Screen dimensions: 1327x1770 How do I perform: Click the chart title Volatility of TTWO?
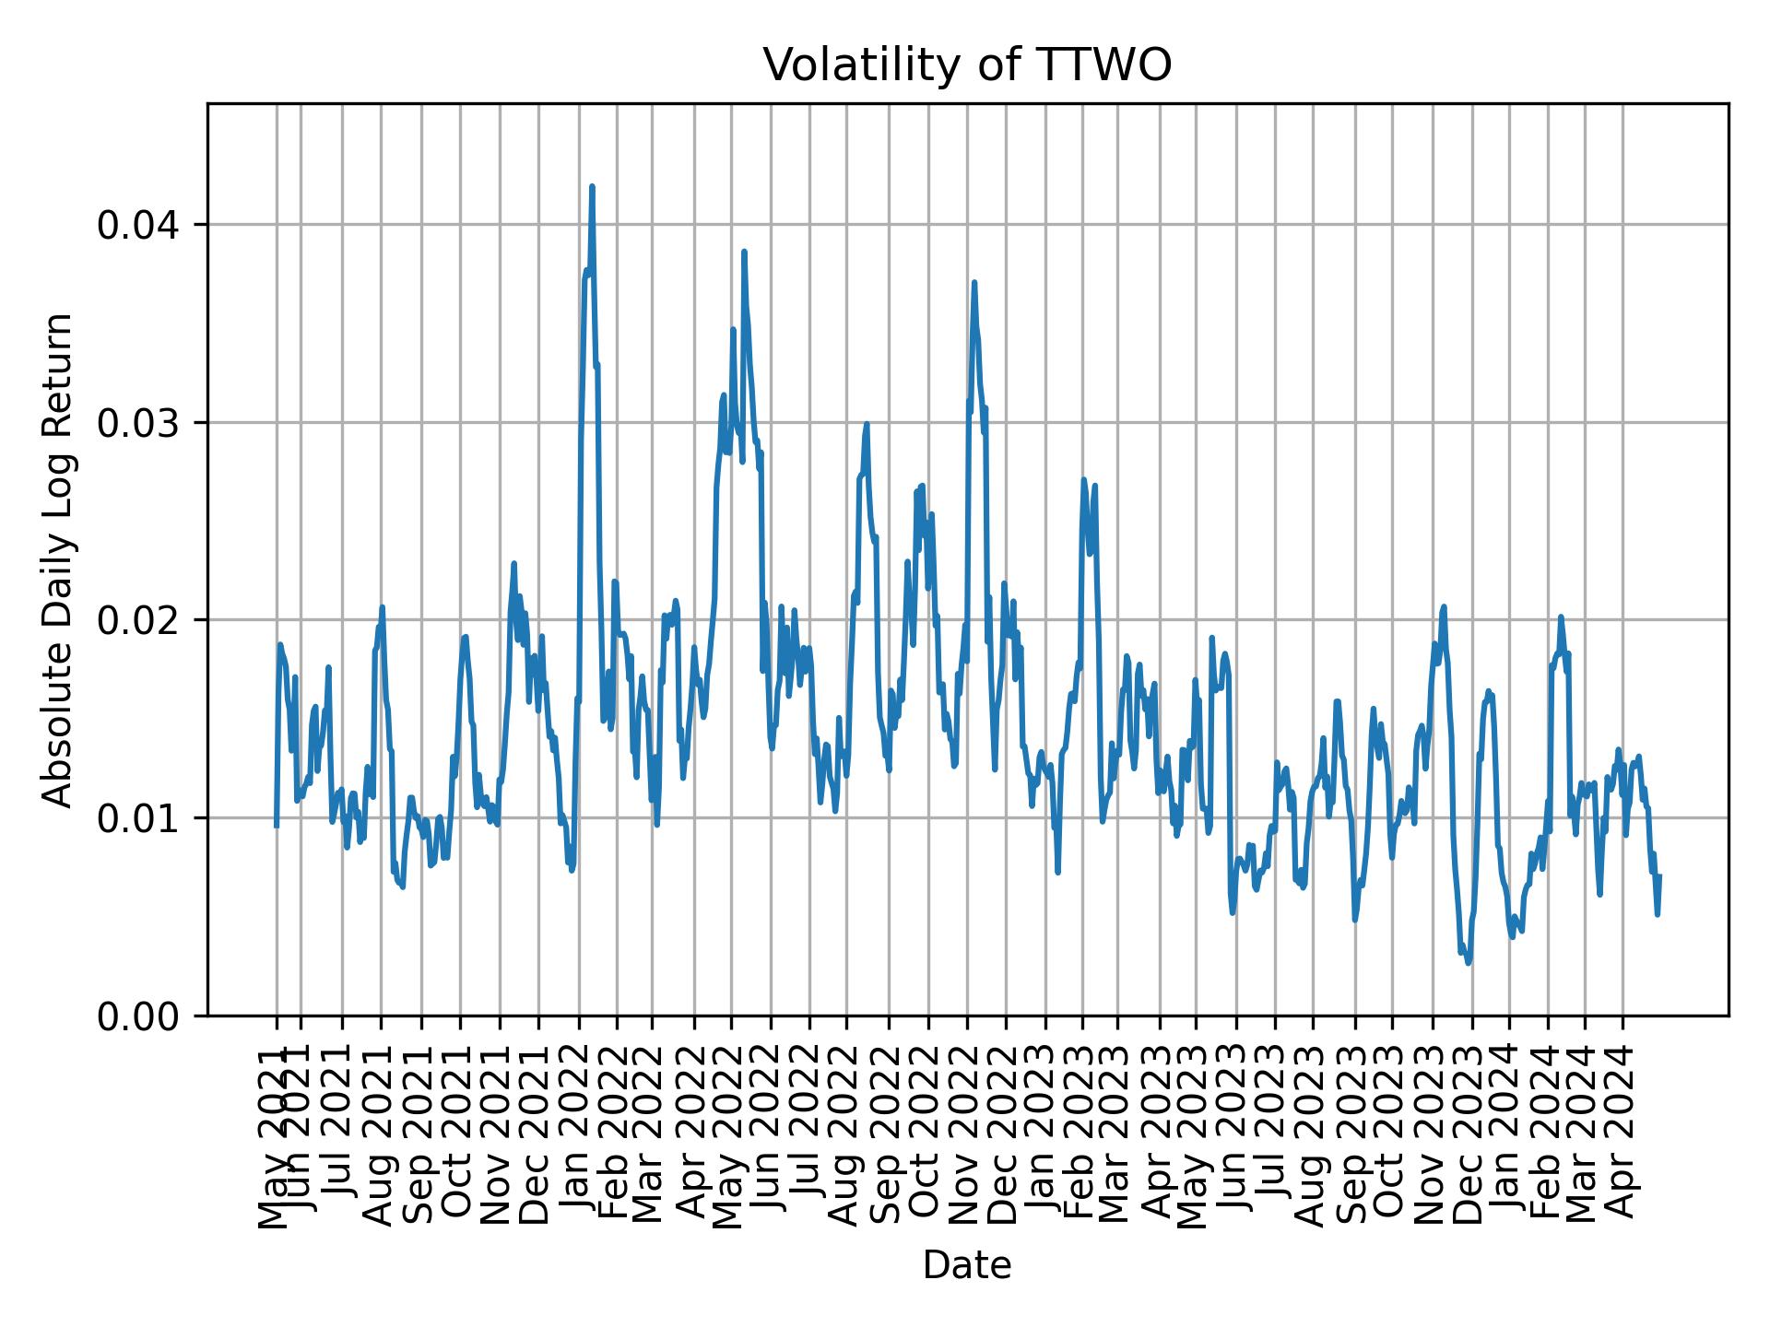point(967,65)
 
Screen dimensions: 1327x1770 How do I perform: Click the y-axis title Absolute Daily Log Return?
point(59,559)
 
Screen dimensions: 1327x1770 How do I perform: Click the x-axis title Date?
point(967,1266)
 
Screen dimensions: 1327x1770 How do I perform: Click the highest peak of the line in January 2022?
point(592,187)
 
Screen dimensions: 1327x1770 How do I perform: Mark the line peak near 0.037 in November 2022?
point(973,283)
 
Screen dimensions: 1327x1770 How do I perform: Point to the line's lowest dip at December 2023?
point(1469,963)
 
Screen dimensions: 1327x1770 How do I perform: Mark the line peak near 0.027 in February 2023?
point(1084,480)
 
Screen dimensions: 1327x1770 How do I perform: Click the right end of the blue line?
point(1659,875)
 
